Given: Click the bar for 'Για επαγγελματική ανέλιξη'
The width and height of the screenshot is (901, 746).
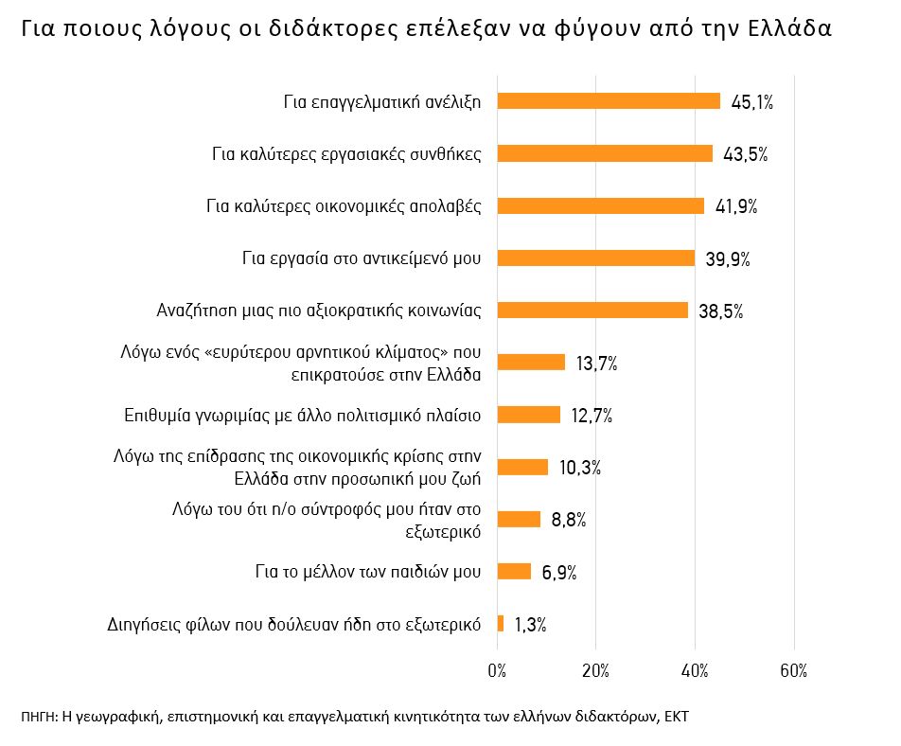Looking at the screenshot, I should (x=609, y=101).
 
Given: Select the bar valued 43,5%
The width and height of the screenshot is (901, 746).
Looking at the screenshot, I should (x=605, y=153).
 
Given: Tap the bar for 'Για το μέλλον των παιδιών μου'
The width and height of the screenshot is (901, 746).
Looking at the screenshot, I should (x=514, y=571).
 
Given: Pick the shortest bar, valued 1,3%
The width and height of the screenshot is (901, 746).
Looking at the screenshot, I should (x=501, y=623).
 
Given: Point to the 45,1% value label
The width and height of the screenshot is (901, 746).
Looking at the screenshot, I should (x=752, y=102).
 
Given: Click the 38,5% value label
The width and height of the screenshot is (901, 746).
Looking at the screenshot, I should (x=721, y=311).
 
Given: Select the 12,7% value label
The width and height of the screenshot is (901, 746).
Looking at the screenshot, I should (x=592, y=416).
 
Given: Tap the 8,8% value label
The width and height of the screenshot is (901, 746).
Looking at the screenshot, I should (x=569, y=520).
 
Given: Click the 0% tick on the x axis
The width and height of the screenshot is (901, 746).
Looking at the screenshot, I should (x=497, y=671).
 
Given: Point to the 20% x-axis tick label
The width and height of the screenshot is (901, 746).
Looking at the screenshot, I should (x=595, y=671).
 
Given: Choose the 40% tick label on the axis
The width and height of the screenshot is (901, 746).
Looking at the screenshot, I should (x=695, y=671).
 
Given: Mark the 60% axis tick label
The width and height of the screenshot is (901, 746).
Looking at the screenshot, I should (x=794, y=671).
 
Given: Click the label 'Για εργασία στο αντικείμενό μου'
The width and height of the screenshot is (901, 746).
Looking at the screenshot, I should (x=362, y=258).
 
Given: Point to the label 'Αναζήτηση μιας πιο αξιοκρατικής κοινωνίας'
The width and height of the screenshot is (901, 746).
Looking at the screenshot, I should (x=319, y=311).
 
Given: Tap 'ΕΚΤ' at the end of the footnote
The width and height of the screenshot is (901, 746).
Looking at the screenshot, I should (x=677, y=716).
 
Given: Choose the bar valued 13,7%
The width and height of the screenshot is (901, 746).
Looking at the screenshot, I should (x=531, y=363).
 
